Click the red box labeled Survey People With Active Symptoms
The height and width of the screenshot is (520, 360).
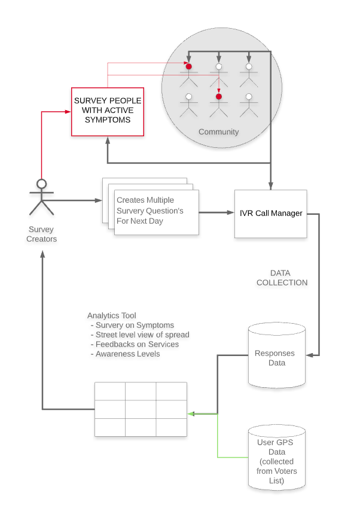click(x=107, y=111)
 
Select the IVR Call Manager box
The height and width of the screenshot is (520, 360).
click(x=270, y=213)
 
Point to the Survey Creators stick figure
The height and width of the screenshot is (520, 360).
click(x=41, y=197)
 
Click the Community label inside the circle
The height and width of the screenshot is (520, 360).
click(x=218, y=132)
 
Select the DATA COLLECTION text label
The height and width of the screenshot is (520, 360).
click(x=282, y=278)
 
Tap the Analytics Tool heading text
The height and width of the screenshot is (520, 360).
click(x=112, y=315)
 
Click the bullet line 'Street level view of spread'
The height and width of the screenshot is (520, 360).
click(x=142, y=334)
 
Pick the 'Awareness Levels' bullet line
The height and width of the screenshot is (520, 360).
click(x=128, y=354)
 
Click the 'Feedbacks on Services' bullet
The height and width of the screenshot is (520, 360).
click(x=137, y=344)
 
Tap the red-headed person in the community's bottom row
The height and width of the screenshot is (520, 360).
click(x=219, y=104)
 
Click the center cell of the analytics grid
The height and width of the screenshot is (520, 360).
click(x=141, y=409)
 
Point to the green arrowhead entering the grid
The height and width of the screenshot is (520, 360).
click(x=190, y=413)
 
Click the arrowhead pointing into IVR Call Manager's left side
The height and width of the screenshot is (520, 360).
click(x=230, y=212)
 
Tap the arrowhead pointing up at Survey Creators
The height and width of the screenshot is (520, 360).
click(x=42, y=254)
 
